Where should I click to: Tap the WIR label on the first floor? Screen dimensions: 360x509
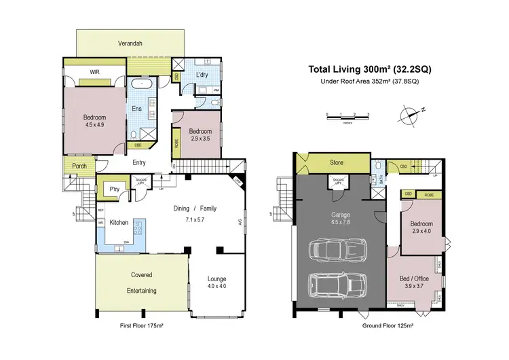pos(95,71)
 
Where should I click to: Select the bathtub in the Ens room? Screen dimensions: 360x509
pos(145,85)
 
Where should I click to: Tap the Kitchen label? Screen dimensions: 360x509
pos(119,222)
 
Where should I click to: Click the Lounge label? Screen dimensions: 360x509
pos(217,278)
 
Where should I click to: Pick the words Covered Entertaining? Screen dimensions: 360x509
pos(142,283)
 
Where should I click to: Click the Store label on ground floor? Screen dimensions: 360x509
pos(337,163)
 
